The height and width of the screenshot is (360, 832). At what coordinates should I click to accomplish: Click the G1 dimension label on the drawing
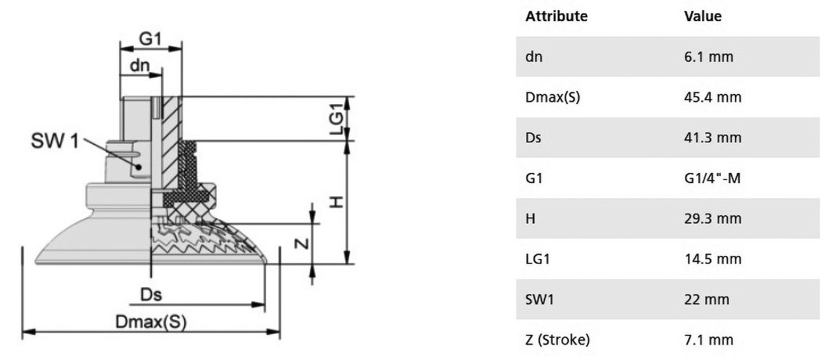149,38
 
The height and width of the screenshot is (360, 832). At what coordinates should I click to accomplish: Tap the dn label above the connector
140,65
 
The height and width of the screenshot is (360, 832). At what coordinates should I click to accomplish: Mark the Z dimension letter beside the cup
301,243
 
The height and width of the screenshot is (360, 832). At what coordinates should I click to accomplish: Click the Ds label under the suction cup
151,294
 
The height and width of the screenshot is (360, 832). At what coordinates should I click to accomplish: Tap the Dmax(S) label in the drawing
151,322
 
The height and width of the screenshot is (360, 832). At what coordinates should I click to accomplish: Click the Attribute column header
556,16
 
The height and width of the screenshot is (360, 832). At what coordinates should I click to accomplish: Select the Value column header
703,16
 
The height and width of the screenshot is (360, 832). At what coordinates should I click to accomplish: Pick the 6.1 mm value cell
708,56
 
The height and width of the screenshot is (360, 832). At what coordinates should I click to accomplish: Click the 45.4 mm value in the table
712,97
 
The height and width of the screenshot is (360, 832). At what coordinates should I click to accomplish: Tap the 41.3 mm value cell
712,138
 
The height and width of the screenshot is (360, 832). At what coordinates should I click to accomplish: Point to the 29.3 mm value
712,218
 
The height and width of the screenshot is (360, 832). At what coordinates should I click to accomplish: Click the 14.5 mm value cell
712,259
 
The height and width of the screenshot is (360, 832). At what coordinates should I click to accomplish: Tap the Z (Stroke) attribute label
558,340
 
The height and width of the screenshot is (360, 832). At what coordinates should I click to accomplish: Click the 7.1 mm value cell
708,340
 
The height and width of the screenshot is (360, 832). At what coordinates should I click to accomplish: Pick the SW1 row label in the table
539,300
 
